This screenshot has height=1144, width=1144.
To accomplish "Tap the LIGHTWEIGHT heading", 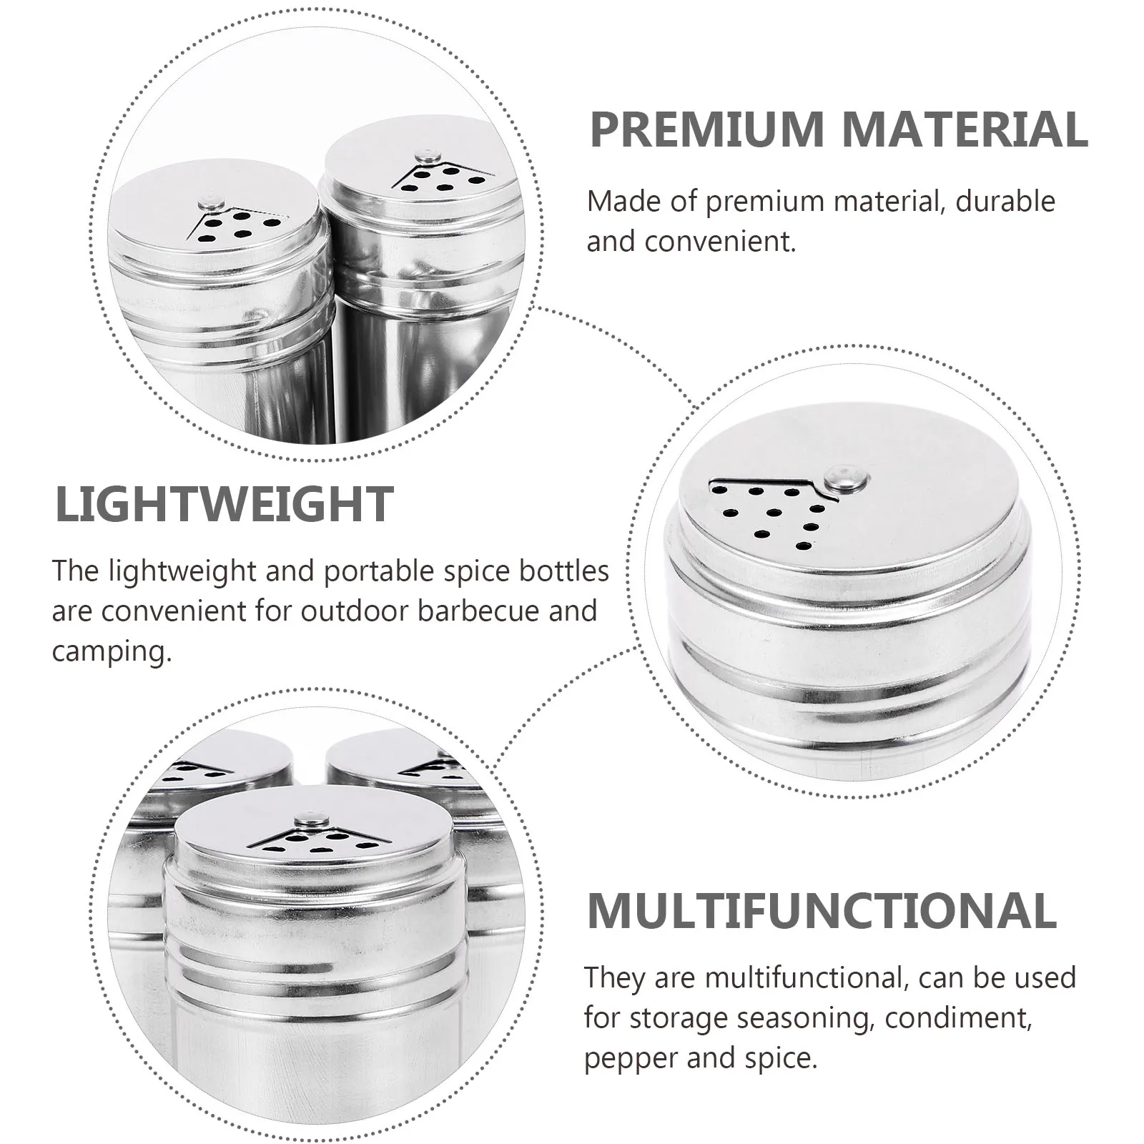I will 224,504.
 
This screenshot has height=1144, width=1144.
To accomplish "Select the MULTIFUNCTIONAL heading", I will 822,910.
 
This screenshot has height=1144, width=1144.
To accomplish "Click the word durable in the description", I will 1005,202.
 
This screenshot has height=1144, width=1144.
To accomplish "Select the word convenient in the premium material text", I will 720,242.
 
